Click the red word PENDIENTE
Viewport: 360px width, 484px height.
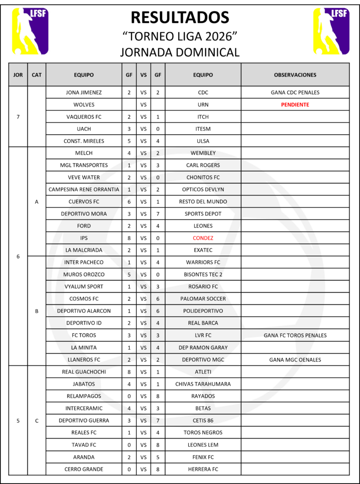295,104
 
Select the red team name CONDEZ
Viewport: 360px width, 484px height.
203,238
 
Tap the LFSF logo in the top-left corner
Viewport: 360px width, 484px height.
30,31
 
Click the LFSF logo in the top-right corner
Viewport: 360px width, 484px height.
331,31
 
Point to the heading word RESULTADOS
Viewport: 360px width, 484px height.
180,17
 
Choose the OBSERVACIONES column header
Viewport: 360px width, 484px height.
295,75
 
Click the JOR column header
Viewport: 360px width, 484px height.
18,75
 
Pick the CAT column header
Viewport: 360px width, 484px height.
36,75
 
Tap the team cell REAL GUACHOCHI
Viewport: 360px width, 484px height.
84,372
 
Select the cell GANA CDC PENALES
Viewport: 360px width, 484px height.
295,93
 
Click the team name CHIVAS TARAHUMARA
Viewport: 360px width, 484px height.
203,384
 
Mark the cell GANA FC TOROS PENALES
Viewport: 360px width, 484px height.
295,335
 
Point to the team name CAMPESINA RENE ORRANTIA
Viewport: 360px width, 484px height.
84,190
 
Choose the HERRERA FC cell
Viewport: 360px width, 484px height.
203,469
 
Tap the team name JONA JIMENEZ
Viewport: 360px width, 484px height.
84,93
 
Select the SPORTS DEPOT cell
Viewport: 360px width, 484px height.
203,214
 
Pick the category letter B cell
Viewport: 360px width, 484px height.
36,311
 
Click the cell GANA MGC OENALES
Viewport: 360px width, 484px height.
295,360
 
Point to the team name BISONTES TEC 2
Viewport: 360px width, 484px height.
203,274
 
